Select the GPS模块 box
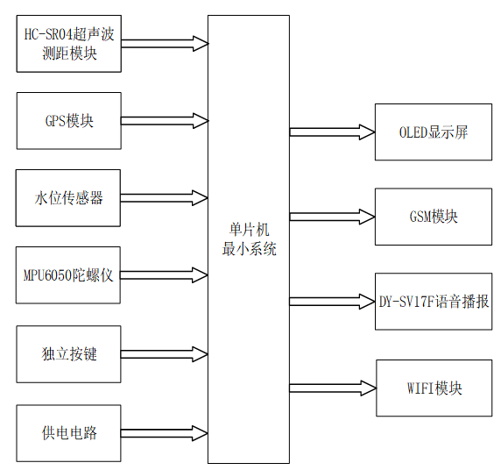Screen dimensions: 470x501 tap(68, 121)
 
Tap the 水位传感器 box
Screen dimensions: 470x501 tap(68, 198)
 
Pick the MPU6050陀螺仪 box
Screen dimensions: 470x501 tap(68, 275)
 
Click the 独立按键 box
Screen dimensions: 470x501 tap(68, 354)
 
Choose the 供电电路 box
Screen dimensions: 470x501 tap(68, 432)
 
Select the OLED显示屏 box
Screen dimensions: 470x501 tap(433, 132)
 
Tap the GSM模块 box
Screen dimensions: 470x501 tap(433, 217)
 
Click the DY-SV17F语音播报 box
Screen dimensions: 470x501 tap(434, 301)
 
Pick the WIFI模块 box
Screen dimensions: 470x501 tap(434, 388)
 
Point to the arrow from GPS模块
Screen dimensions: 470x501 tap(164, 120)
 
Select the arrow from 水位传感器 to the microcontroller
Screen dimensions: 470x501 tap(164, 197)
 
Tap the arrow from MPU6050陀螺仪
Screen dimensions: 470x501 tap(164, 276)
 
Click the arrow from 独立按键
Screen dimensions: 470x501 tap(164, 354)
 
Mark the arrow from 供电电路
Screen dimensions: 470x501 tap(164, 432)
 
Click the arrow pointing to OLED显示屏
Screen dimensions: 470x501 tap(332, 132)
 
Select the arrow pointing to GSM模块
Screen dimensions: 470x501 tap(332, 217)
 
